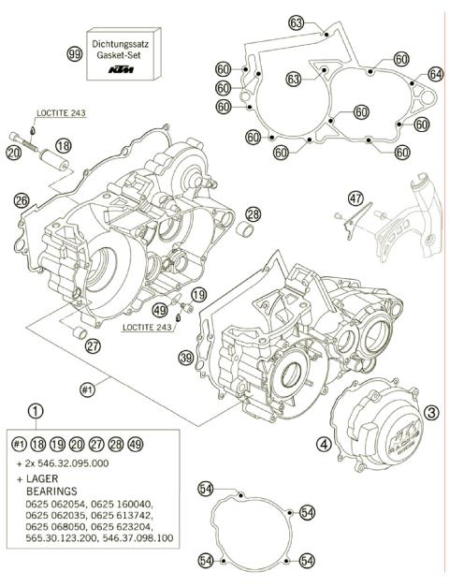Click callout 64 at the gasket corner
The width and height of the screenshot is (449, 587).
pyautogui.click(x=434, y=74)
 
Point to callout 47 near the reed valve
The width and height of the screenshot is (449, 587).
pyautogui.click(x=355, y=198)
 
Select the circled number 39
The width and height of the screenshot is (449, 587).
pyautogui.click(x=186, y=358)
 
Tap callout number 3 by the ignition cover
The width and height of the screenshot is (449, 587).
pyautogui.click(x=431, y=411)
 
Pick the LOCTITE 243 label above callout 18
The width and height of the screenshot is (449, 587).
pyautogui.click(x=62, y=113)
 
